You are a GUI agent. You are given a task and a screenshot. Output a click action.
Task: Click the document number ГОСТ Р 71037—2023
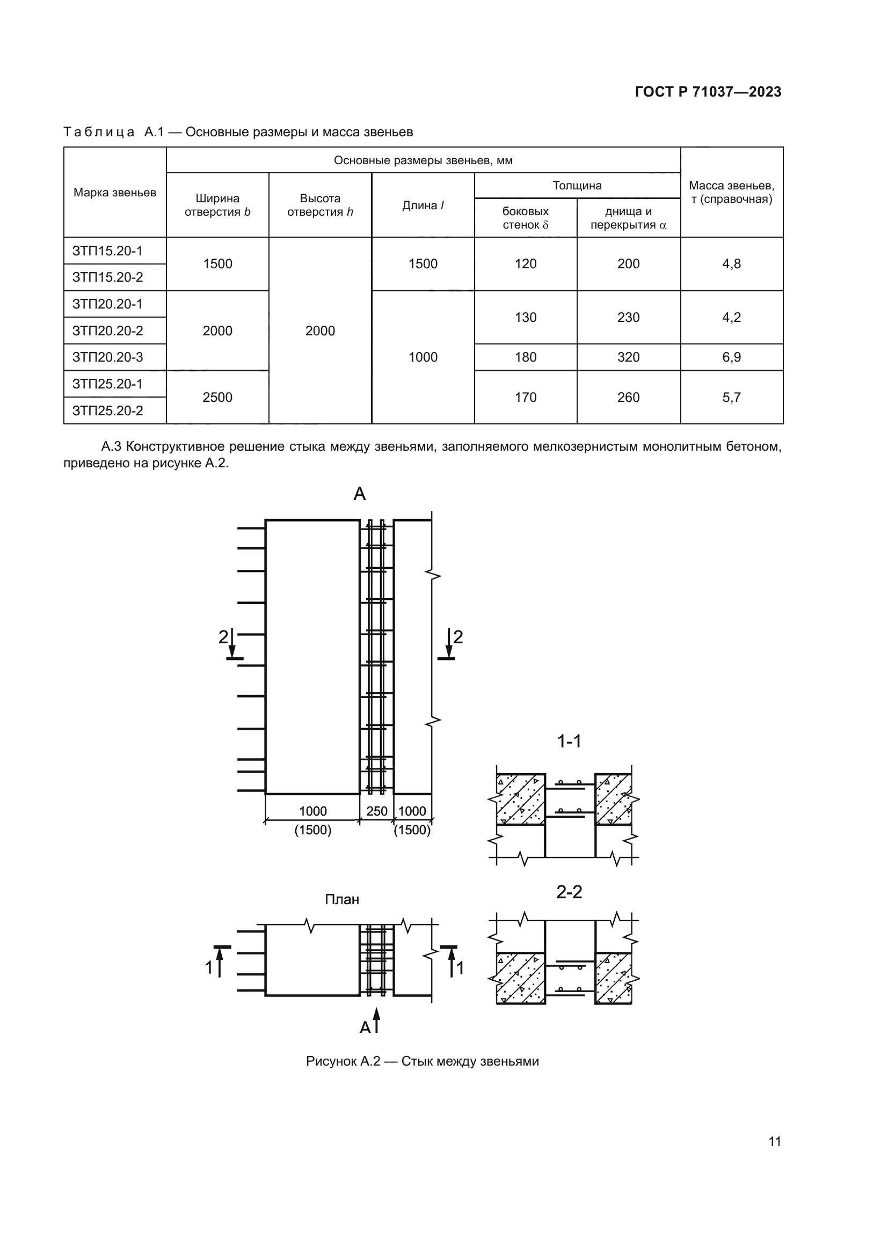[x=708, y=92]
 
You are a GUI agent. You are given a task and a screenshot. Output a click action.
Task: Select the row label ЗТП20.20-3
[x=108, y=357]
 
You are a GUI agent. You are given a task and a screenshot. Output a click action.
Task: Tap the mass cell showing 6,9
[x=732, y=357]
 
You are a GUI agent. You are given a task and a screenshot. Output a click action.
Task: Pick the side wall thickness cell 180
[x=526, y=357]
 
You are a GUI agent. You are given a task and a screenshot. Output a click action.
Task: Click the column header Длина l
[x=423, y=206]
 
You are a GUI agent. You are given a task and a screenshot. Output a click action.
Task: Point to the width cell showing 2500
[x=217, y=398]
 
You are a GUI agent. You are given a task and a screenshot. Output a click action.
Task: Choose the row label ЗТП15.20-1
[x=108, y=251]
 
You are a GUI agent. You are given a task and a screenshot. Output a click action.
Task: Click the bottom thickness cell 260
[x=628, y=398]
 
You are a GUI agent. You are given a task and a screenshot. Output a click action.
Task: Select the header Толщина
[x=577, y=185]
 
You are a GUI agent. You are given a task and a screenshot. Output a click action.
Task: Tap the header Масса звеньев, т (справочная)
[x=732, y=193]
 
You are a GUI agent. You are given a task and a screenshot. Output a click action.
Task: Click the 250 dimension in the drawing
[x=377, y=811]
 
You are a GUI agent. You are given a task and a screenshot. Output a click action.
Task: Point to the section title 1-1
[x=569, y=742]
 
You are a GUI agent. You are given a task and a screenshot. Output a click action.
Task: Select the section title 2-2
[x=569, y=893]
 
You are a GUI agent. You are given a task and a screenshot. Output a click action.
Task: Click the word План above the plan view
[x=342, y=900]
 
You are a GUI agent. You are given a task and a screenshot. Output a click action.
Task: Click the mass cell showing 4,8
[x=732, y=264]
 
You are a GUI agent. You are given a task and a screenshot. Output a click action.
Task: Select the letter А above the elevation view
[x=359, y=494]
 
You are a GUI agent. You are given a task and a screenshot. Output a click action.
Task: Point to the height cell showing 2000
[x=320, y=331]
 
